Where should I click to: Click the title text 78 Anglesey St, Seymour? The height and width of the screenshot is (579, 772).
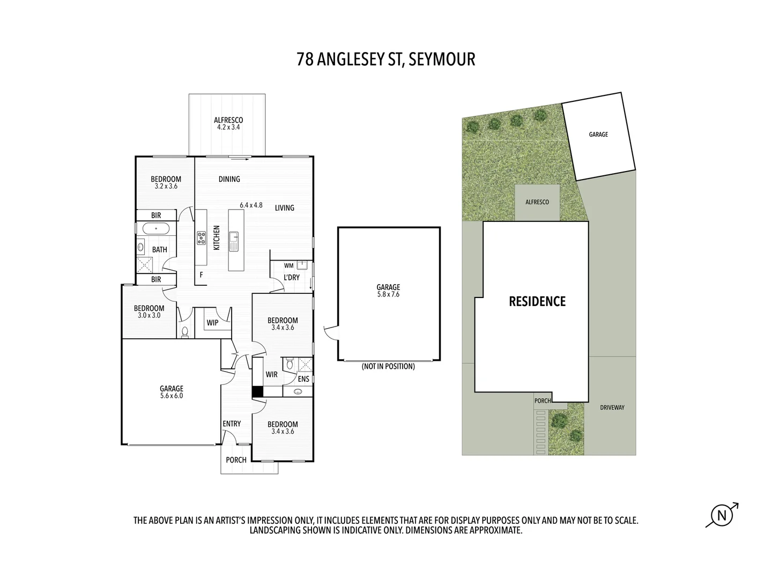pyautogui.click(x=385, y=59)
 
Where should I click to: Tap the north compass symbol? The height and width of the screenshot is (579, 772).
pyautogui.click(x=722, y=516)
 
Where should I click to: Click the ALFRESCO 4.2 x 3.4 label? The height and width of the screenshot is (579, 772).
pyautogui.click(x=228, y=124)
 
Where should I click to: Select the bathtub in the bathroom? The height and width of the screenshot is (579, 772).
pyautogui.click(x=155, y=229)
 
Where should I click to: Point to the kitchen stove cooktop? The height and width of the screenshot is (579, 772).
pyautogui.click(x=202, y=237)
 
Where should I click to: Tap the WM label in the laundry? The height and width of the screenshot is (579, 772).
pyautogui.click(x=288, y=265)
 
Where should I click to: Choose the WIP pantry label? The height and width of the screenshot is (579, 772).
pyautogui.click(x=212, y=323)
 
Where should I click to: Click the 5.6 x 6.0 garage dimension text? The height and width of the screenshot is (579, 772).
pyautogui.click(x=172, y=396)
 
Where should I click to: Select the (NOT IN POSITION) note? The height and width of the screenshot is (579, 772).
pyautogui.click(x=388, y=367)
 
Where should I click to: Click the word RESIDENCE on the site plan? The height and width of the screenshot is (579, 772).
pyautogui.click(x=537, y=301)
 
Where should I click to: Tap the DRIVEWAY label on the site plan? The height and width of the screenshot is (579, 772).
pyautogui.click(x=612, y=407)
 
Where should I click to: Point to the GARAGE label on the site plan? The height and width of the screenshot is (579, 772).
pyautogui.click(x=598, y=135)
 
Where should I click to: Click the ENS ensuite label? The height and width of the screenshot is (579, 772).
pyautogui.click(x=303, y=379)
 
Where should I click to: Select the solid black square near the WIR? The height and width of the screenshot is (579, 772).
pyautogui.click(x=258, y=392)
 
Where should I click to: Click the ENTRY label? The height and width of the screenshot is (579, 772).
pyautogui.click(x=232, y=424)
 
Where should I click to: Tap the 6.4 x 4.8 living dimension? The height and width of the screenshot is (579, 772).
pyautogui.click(x=251, y=205)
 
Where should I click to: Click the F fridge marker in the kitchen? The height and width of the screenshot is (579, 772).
pyautogui.click(x=201, y=274)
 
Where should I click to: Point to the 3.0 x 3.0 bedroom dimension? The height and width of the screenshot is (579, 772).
pyautogui.click(x=149, y=316)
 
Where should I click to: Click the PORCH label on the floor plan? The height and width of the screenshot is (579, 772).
pyautogui.click(x=236, y=460)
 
